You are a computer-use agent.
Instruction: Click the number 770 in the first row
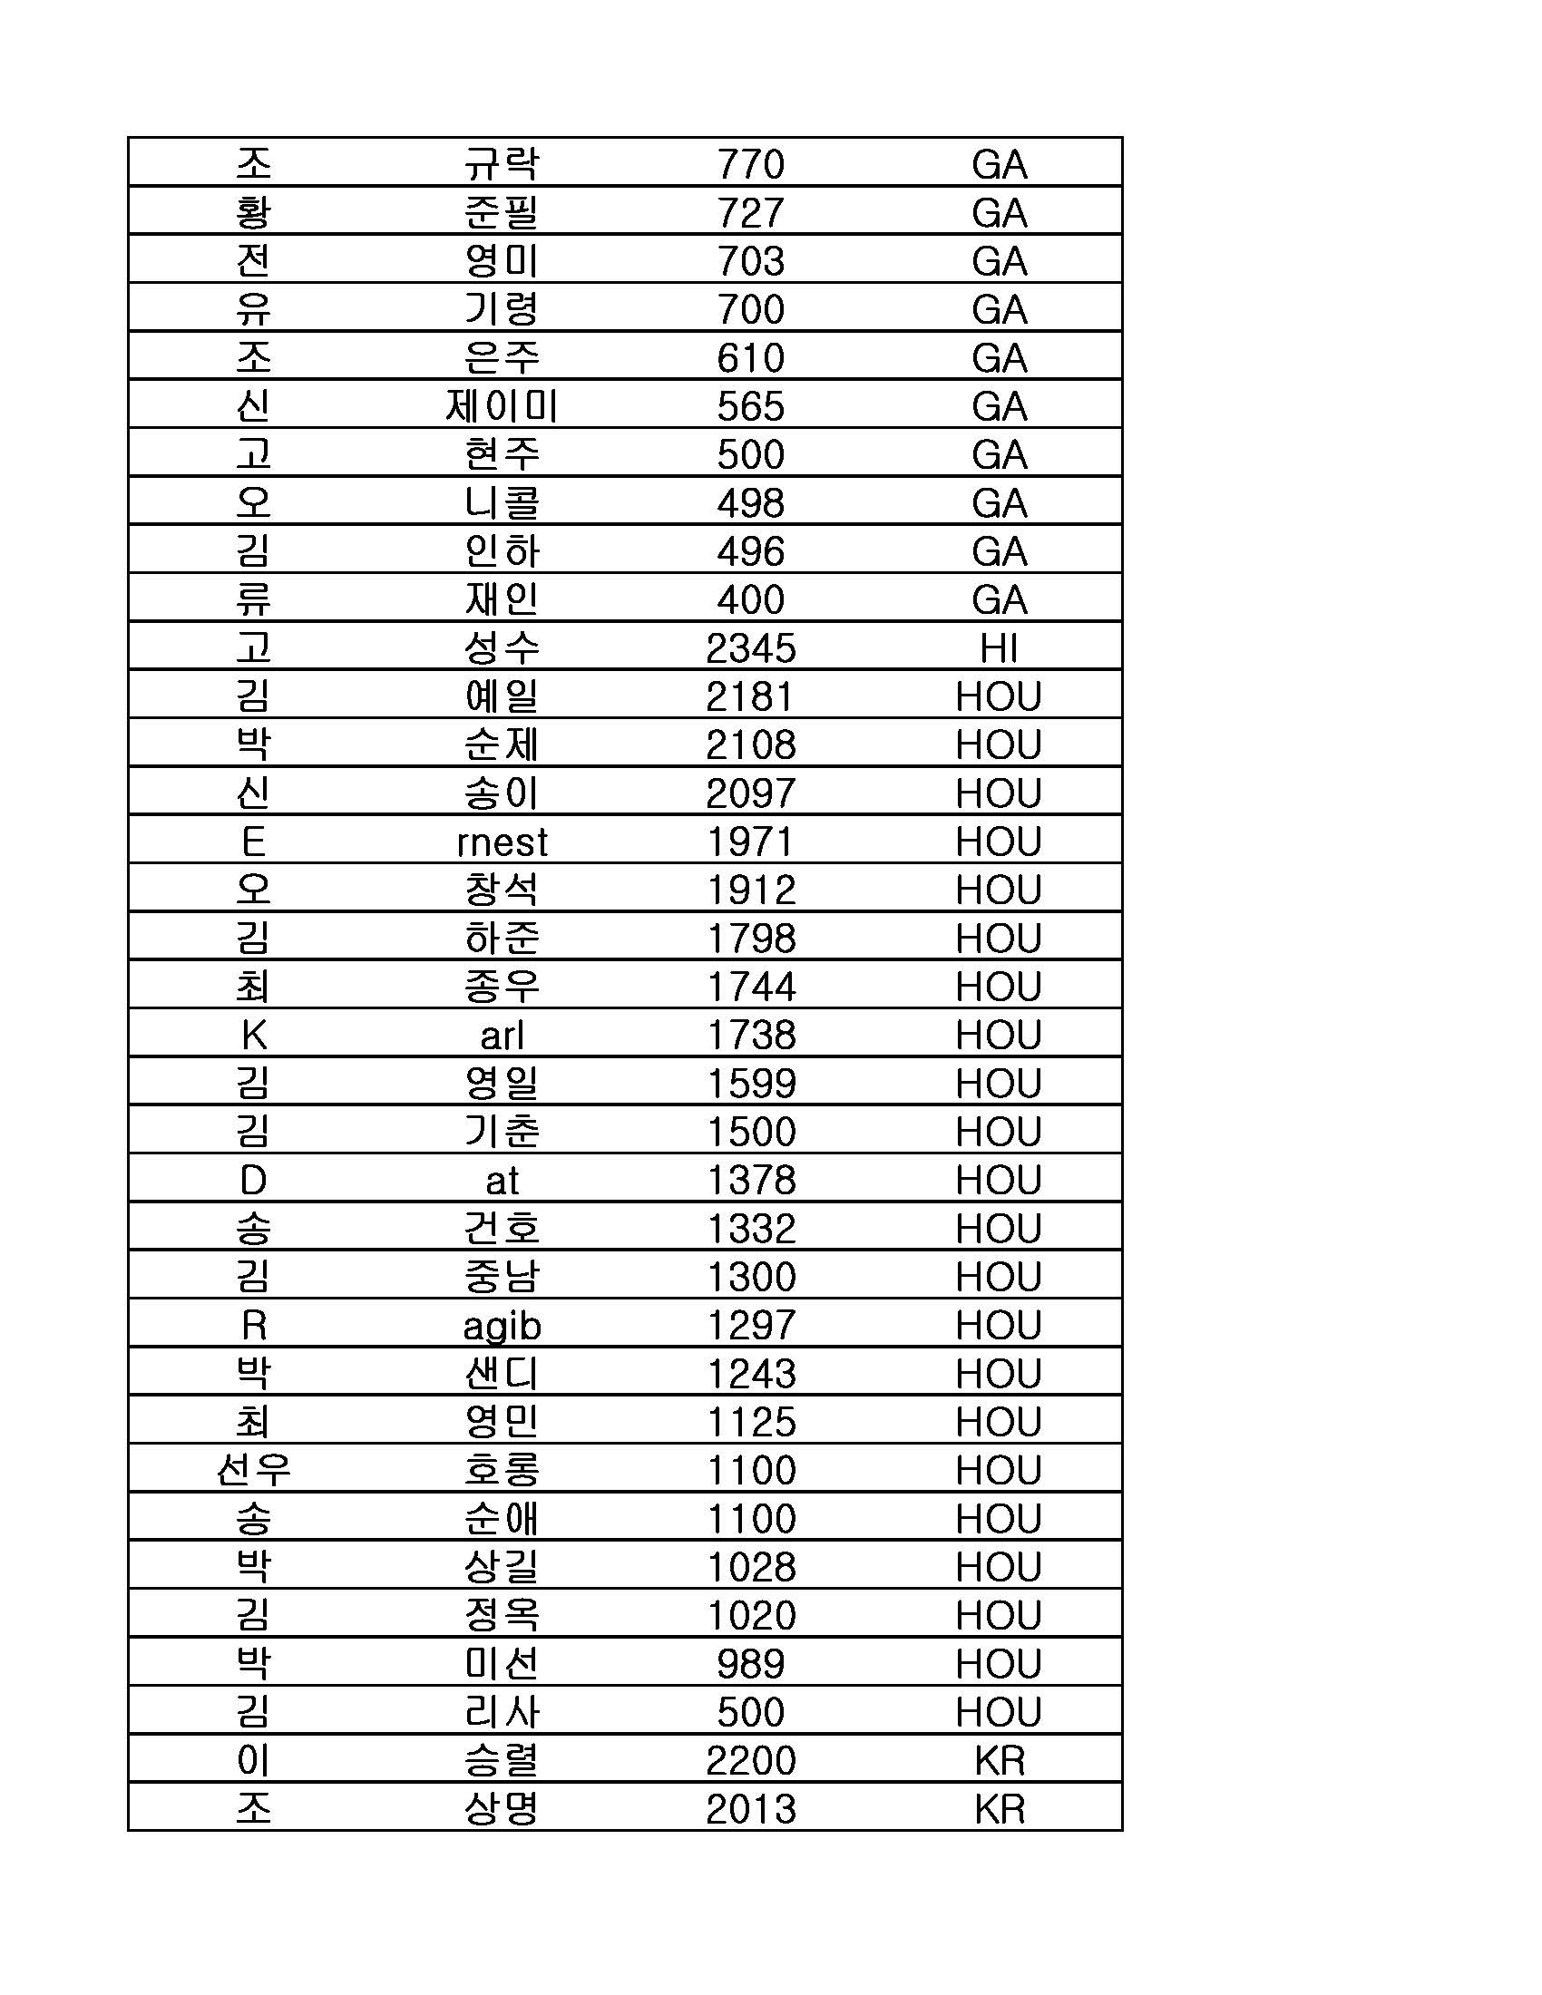coord(750,164)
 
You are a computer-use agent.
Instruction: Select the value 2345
coord(750,648)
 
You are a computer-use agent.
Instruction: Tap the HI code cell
coord(999,648)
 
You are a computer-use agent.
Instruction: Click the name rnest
coord(502,842)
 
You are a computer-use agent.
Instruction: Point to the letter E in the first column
coord(253,842)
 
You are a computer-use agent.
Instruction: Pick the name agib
coord(502,1326)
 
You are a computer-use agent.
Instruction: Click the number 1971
coord(750,842)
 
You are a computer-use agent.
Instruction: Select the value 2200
coord(750,1760)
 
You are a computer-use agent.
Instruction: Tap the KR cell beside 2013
coord(999,1809)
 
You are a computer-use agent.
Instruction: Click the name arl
coord(502,1036)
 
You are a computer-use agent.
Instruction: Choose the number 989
coord(750,1664)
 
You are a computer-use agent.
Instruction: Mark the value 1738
coord(750,1036)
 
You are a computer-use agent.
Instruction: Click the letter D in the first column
coord(253,1180)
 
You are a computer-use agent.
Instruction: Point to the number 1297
coord(750,1326)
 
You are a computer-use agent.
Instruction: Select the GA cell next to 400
coord(999,600)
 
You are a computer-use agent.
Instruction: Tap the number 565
coord(750,406)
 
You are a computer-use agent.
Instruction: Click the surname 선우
coord(253,1471)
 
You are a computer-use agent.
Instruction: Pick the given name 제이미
coord(502,406)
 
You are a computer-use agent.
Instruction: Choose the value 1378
coord(750,1180)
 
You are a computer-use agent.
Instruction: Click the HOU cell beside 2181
coord(999,697)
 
